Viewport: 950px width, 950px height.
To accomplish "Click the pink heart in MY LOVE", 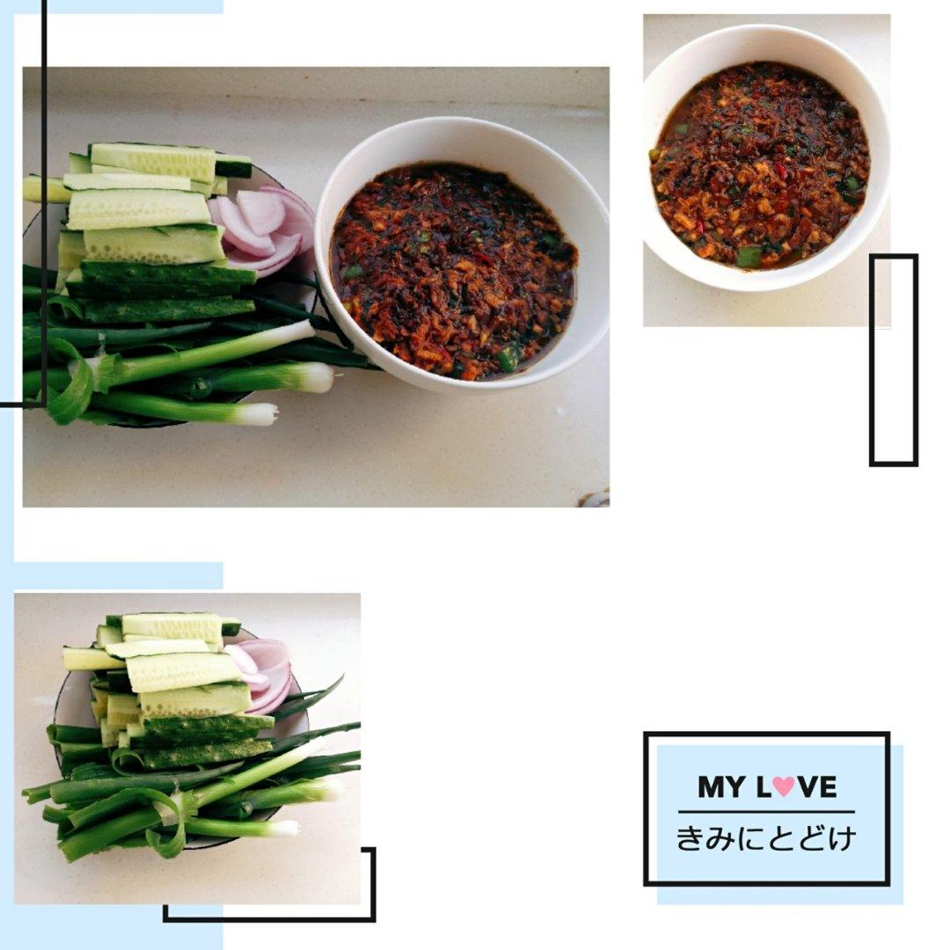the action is tap(784, 786).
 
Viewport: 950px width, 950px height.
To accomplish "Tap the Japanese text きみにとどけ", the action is tap(766, 838).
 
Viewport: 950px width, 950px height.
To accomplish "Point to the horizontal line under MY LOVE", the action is tap(766, 812).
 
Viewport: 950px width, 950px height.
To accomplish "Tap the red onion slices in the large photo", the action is tap(264, 227).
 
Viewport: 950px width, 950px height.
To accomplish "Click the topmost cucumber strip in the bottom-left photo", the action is tap(172, 627).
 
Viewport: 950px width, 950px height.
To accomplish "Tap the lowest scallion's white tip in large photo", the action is tap(258, 415).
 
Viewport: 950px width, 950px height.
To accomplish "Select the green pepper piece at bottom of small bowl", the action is tap(749, 256).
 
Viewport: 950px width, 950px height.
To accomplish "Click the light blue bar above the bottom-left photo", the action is tap(118, 575).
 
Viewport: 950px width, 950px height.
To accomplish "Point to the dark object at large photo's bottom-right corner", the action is tap(594, 499).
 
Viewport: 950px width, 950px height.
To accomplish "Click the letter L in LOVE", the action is tap(763, 786).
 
